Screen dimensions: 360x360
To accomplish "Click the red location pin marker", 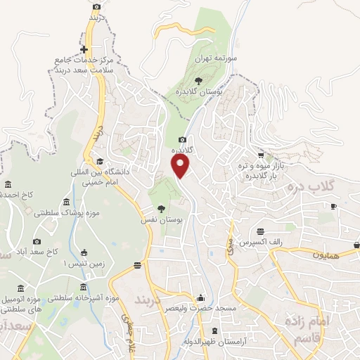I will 181,165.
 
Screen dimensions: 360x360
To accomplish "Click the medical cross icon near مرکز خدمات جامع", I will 84,49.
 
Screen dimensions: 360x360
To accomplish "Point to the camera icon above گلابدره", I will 183,139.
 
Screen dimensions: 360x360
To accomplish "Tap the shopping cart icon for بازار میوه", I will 261,155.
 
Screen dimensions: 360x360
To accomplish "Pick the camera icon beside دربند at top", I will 96,6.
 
